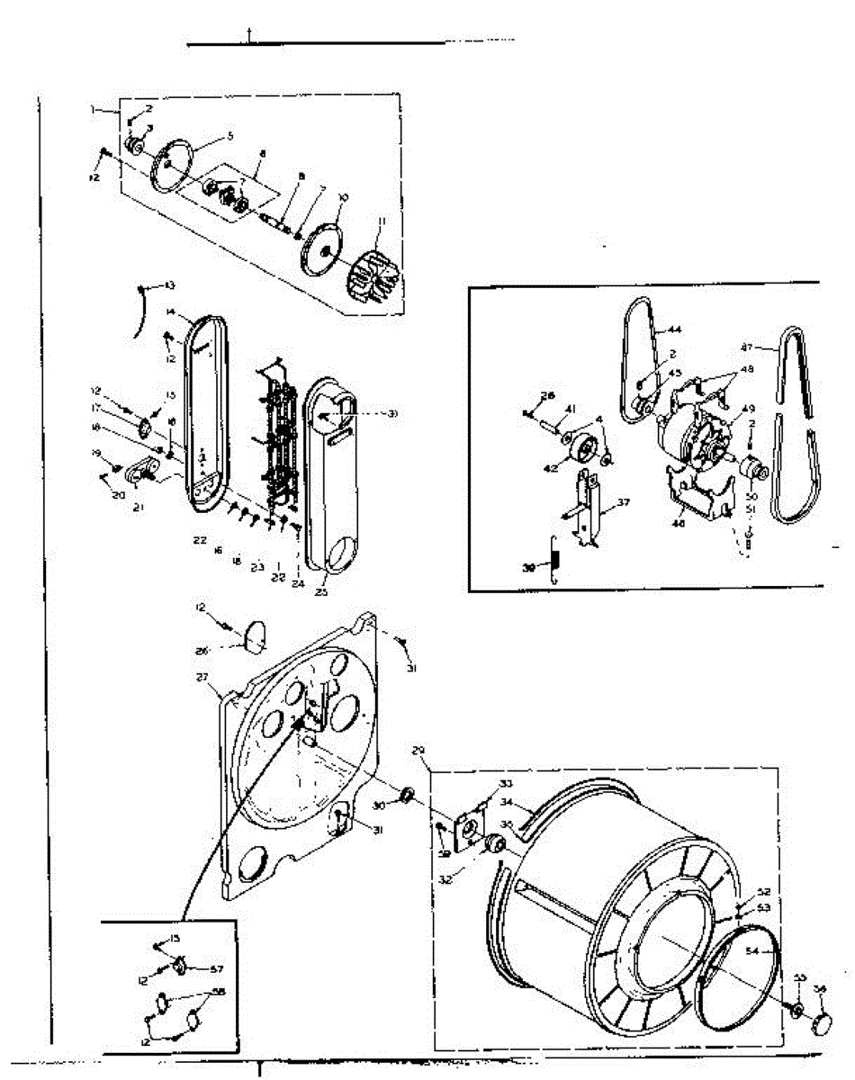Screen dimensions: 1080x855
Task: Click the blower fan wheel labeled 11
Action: (375, 275)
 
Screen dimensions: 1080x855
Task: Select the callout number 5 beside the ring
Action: (229, 136)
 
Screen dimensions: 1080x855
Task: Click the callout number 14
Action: (169, 312)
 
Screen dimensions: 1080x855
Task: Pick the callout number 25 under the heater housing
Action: (321, 591)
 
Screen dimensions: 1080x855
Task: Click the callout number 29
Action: (417, 750)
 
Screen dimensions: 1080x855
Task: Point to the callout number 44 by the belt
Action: (675, 330)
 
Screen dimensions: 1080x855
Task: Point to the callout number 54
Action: (751, 951)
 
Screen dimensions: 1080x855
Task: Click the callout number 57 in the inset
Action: (216, 968)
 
